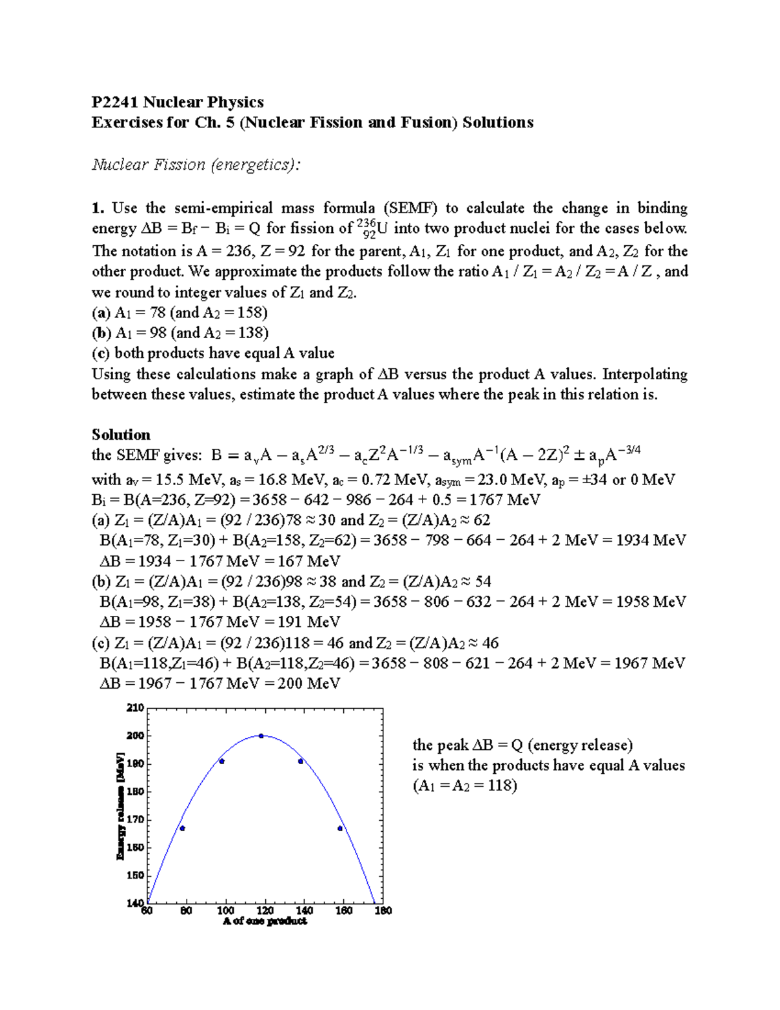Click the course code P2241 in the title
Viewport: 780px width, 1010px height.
114,102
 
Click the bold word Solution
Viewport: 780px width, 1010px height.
121,434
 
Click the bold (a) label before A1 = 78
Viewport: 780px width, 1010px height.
101,312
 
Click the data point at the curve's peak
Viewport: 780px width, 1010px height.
261,736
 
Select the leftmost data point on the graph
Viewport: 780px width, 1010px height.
183,828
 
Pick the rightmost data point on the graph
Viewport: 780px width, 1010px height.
340,828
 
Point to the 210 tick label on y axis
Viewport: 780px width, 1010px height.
135,708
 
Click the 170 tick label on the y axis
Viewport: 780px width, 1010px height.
135,819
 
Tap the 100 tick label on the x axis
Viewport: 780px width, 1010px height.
226,910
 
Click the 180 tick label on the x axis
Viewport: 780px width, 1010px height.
383,910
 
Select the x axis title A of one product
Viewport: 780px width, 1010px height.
265,922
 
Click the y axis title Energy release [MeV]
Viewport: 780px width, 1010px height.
120,805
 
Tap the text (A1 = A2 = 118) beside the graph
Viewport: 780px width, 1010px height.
465,786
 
